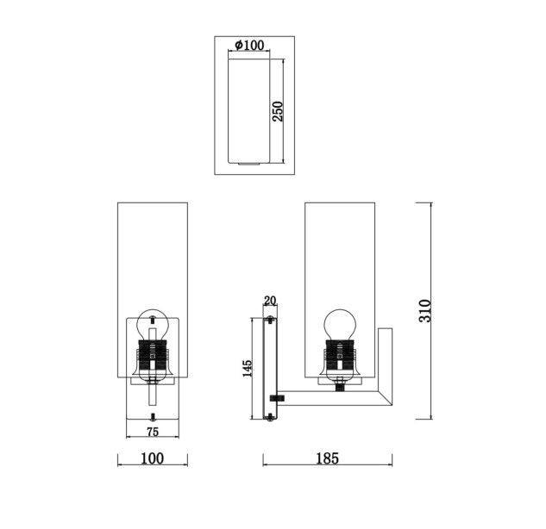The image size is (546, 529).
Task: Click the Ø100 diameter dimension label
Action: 249,45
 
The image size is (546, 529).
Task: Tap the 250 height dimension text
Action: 278,111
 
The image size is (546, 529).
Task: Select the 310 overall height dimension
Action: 425,310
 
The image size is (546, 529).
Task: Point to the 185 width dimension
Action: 327,458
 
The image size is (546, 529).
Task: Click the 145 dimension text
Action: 247,369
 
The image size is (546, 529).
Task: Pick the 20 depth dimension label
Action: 270,301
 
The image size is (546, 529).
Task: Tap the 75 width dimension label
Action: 153,432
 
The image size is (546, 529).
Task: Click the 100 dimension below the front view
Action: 152,458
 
